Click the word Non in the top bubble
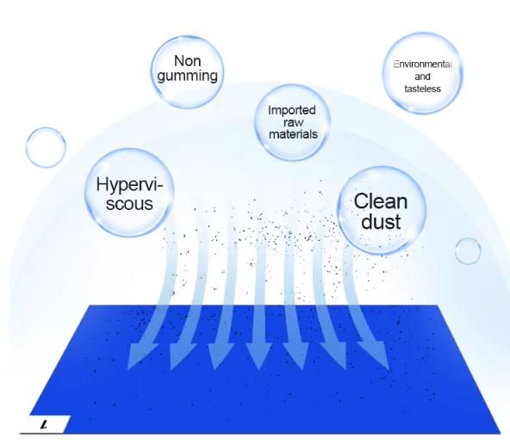pyautogui.click(x=187, y=61)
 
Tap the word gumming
pyautogui.click(x=187, y=76)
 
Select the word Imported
pyautogui.click(x=292, y=110)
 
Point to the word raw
pyautogui.click(x=294, y=123)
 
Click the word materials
pyautogui.click(x=293, y=134)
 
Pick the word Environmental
pyautogui.click(x=422, y=65)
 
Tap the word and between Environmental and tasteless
pyautogui.click(x=422, y=77)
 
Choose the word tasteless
pyautogui.click(x=422, y=89)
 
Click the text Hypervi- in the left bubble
pyautogui.click(x=129, y=185)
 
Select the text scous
pyautogui.click(x=129, y=204)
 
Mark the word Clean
pyautogui.click(x=381, y=201)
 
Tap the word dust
pyautogui.click(x=381, y=221)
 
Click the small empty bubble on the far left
pyautogui.click(x=46, y=147)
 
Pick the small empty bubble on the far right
pyautogui.click(x=468, y=250)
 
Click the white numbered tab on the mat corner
pyautogui.click(x=45, y=424)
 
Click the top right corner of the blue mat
pyautogui.click(x=438, y=305)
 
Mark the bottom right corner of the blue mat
pyautogui.click(x=501, y=433)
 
